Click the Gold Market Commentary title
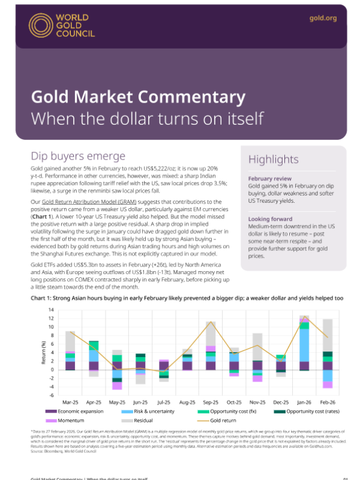(138, 97)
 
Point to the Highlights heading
(273, 159)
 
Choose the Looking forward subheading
(271, 219)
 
